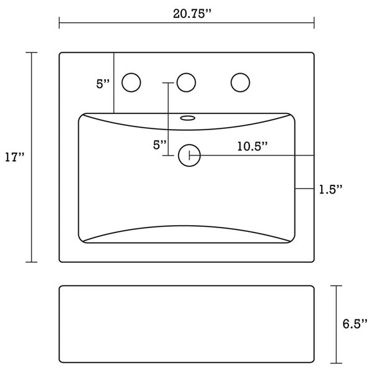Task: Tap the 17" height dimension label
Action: click(14, 157)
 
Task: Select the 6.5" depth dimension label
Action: click(355, 324)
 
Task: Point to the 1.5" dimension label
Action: click(331, 188)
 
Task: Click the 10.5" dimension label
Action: click(252, 146)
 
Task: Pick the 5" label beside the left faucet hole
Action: click(103, 84)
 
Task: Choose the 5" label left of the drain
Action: click(160, 144)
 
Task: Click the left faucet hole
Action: click(132, 82)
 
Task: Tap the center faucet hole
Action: click(186, 82)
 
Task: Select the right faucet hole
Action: click(240, 82)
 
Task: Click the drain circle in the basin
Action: click(189, 155)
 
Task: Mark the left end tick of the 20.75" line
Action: click(60, 23)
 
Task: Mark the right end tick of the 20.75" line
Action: click(314, 23)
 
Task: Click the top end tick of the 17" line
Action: click(32, 53)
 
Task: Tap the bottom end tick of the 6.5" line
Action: click(336, 362)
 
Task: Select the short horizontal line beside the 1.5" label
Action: click(304, 188)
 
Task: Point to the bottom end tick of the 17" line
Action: click(32, 262)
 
